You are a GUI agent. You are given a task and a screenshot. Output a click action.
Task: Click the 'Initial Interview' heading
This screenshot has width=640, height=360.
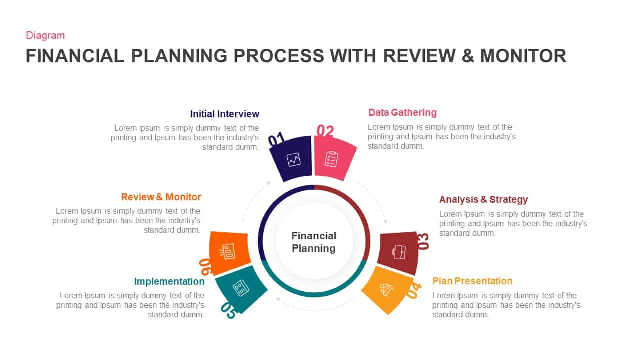(225, 114)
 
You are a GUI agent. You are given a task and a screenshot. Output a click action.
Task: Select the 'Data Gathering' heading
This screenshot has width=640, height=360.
(402, 112)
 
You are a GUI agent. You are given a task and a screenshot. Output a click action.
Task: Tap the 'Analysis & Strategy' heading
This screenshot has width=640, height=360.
(483, 199)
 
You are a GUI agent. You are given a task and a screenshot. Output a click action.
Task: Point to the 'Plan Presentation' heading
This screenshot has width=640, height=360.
(472, 281)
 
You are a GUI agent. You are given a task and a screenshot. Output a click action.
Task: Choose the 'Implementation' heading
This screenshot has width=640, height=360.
(169, 281)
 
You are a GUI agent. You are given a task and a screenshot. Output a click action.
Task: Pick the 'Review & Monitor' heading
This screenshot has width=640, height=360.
(161, 197)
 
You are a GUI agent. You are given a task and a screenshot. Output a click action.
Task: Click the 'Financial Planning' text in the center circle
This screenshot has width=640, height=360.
(314, 242)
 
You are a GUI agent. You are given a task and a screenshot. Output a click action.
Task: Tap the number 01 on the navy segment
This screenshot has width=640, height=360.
(276, 139)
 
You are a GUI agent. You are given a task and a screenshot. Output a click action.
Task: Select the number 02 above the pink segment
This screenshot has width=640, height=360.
(325, 131)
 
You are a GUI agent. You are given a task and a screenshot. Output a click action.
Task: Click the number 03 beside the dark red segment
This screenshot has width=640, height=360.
(423, 241)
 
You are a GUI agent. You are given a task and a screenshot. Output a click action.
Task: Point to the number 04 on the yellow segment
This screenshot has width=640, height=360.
(414, 290)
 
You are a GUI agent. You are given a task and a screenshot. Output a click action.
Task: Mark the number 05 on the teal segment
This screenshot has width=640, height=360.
(228, 310)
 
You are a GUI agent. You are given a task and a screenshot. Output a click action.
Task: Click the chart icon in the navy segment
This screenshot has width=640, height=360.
(293, 160)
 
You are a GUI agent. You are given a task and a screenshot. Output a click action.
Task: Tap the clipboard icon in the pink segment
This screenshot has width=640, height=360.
(331, 159)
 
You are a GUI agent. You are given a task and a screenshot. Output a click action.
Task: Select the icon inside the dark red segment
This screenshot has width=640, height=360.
(399, 252)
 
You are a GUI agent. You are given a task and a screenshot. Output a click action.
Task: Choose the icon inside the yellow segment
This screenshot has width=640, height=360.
(386, 289)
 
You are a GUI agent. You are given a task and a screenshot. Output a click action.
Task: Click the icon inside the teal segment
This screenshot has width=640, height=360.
(241, 288)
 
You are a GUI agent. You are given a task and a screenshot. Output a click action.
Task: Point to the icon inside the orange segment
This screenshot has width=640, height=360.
(228, 251)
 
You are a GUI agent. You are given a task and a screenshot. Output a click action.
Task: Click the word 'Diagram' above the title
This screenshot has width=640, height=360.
(45, 35)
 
